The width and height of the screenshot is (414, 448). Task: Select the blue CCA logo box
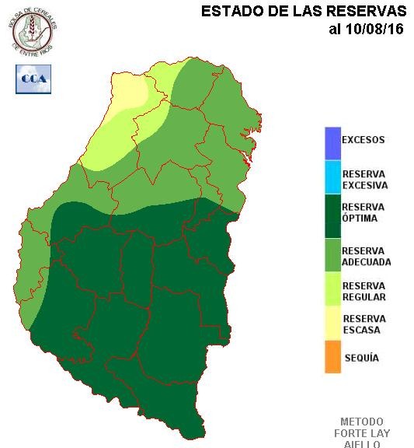click(x=33, y=79)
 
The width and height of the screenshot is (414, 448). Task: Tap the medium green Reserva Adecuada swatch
click(x=332, y=256)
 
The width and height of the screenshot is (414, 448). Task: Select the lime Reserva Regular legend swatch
click(x=332, y=291)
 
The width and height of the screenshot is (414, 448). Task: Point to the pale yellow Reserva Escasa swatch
click(x=332, y=324)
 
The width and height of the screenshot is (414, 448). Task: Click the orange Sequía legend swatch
click(x=332, y=357)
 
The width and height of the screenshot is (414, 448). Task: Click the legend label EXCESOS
click(x=364, y=141)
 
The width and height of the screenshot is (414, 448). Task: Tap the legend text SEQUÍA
click(x=360, y=358)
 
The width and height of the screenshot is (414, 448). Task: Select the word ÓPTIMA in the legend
click(x=360, y=219)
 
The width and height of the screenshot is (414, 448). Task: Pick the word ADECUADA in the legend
click(x=366, y=262)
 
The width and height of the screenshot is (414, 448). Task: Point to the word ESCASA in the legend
click(x=361, y=329)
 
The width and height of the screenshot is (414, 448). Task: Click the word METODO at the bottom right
click(x=362, y=422)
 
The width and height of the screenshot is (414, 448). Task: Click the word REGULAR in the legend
click(x=364, y=296)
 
